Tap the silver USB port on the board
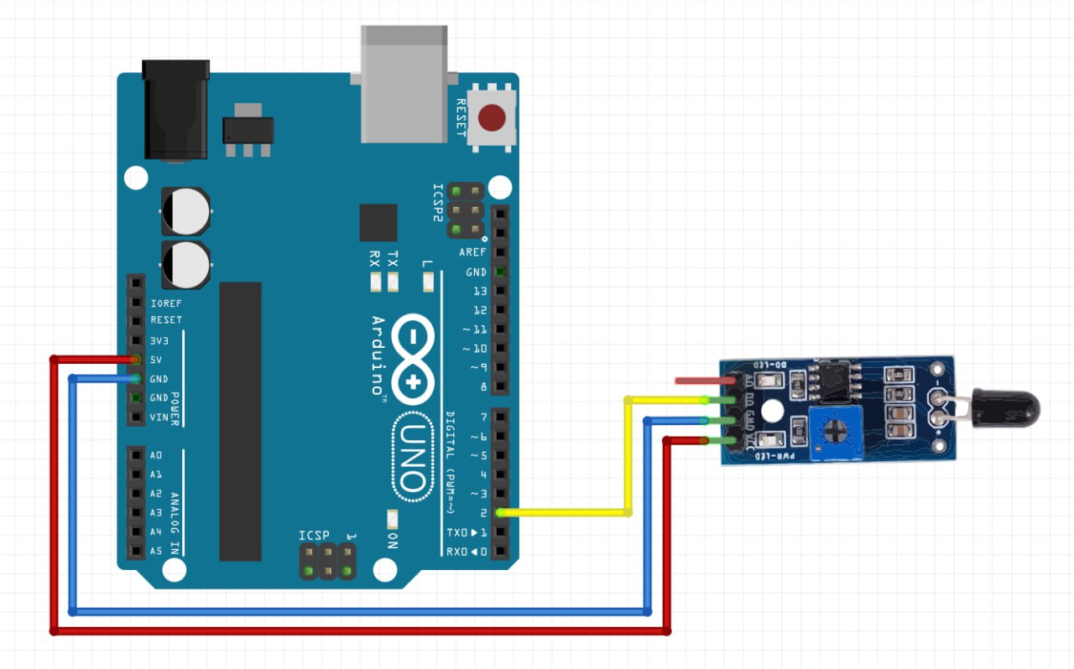point(403,84)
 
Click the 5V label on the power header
point(156,360)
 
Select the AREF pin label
point(472,252)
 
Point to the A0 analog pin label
point(156,455)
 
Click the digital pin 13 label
point(480,291)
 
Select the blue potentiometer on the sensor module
point(836,432)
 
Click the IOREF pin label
point(166,303)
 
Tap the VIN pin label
point(159,417)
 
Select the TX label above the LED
point(394,257)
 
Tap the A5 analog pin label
point(156,551)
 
